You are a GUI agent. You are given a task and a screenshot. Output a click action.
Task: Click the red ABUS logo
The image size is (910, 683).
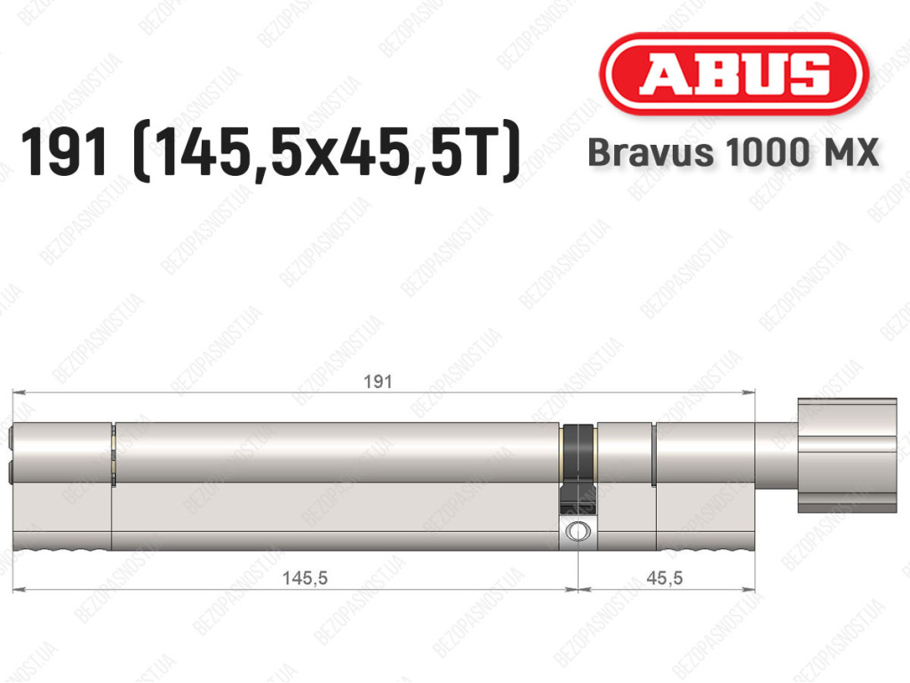[733, 74]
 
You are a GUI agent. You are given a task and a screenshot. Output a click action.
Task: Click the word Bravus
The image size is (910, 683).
[651, 153]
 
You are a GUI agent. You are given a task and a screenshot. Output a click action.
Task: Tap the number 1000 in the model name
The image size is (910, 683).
[767, 153]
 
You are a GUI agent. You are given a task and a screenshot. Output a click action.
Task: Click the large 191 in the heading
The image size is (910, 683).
[64, 153]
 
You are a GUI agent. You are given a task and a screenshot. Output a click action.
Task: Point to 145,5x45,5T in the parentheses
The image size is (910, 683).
[326, 153]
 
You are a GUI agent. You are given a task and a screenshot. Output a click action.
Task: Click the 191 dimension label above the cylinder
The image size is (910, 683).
[378, 382]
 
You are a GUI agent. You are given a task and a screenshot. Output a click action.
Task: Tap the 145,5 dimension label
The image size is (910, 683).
[306, 578]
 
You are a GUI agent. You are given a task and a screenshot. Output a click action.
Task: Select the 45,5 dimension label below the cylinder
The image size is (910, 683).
[665, 578]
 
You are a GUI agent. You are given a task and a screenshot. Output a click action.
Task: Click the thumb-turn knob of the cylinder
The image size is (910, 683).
[847, 456]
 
